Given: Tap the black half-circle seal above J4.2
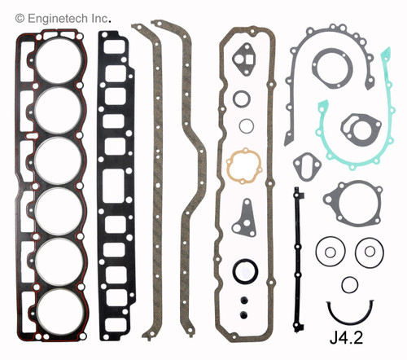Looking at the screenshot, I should tap(348, 310).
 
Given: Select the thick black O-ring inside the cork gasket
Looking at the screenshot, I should tap(243, 270).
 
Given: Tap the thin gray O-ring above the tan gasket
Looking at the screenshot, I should tap(242, 98).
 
